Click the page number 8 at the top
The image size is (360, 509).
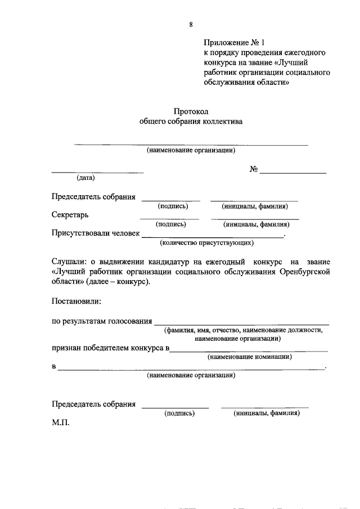(191, 24)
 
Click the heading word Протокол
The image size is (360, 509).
(191, 111)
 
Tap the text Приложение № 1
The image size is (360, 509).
(233, 42)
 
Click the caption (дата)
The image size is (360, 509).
(86, 178)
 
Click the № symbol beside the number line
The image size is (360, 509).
(254, 169)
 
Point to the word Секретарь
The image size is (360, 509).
(70, 215)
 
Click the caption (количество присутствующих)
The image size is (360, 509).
(206, 243)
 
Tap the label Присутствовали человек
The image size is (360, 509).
(95, 233)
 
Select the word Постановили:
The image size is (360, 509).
(76, 301)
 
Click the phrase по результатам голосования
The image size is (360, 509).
(102, 321)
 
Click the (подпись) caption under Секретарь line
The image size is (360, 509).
(170, 224)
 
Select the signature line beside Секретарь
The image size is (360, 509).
(169, 218)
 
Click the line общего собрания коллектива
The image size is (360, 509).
(191, 121)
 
